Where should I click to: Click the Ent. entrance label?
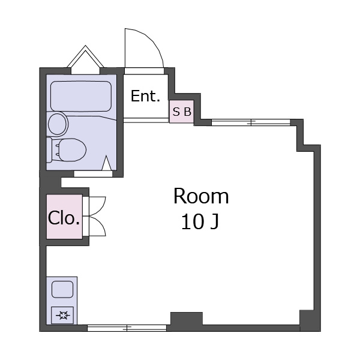(x=145, y=96)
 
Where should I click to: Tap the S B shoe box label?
(x=182, y=112)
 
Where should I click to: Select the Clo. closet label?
(x=64, y=218)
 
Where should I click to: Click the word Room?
(x=201, y=196)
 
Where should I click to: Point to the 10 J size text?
(x=200, y=222)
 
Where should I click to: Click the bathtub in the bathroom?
(x=81, y=96)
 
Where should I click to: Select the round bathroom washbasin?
(x=57, y=124)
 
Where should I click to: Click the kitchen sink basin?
(x=62, y=290)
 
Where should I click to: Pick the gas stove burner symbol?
(x=62, y=315)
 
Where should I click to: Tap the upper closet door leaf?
(x=97, y=206)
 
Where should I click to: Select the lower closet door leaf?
(x=97, y=226)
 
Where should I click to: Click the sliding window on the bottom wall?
(x=127, y=328)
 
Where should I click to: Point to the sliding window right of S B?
(x=251, y=122)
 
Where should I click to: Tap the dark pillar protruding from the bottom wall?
(x=187, y=319)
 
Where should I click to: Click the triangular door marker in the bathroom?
(x=107, y=163)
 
